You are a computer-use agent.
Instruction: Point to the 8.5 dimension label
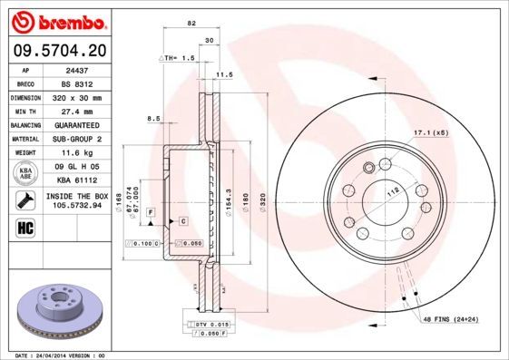point(153,119)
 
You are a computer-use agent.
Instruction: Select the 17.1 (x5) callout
point(431,133)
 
